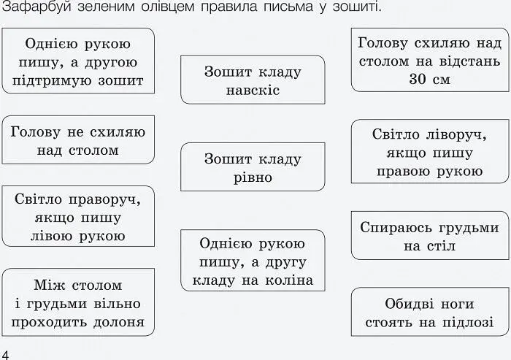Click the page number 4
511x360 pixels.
(5, 355)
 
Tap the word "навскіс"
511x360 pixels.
(253, 91)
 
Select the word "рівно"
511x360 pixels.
(253, 177)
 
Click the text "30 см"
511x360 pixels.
(429, 80)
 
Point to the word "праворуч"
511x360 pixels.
(104, 200)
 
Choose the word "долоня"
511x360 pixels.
(119, 323)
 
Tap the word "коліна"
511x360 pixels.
(289, 280)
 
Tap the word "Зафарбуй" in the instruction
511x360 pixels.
(36, 6)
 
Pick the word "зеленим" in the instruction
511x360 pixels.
(106, 7)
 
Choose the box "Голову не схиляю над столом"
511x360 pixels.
(78, 140)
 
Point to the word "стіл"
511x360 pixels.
(442, 246)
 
